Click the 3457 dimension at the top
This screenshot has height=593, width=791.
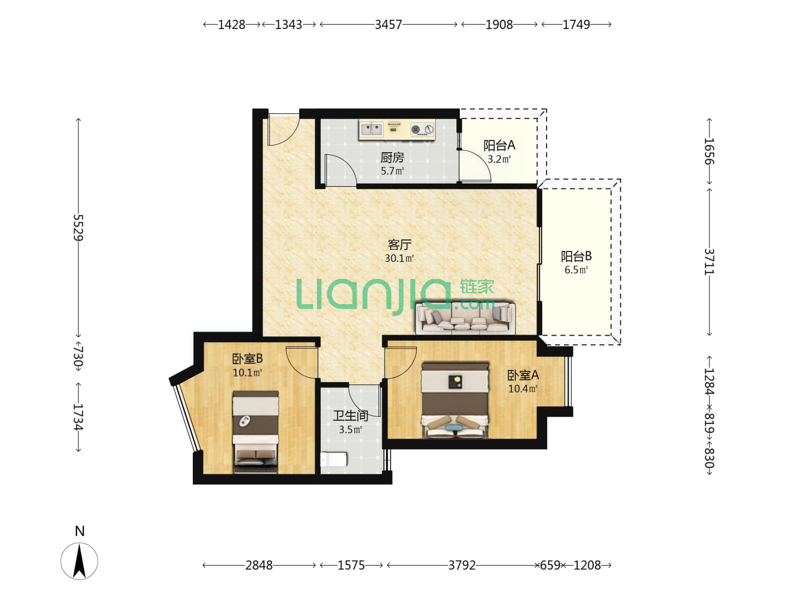388,25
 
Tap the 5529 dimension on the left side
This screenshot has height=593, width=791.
79,227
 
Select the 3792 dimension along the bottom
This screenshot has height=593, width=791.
461,566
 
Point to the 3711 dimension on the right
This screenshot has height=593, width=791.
709,262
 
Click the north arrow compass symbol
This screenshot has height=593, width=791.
79,561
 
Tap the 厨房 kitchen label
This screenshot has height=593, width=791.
392,158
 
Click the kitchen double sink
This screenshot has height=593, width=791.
371,129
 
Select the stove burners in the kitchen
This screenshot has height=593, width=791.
422,129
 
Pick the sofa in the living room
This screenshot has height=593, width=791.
466,318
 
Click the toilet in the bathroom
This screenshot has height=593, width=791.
333,460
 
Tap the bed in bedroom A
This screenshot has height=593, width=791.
455,400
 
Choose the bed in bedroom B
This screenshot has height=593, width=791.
255,432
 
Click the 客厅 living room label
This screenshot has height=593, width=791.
399,245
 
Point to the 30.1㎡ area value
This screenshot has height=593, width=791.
399,258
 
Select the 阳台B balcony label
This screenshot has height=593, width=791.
576,256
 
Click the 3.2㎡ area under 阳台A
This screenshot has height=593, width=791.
499,159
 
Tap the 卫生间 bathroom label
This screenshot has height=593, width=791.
350,416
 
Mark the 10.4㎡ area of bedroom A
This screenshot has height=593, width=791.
523,389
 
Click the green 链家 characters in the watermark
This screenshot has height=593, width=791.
476,287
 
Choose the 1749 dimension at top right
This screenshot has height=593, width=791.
576,25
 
